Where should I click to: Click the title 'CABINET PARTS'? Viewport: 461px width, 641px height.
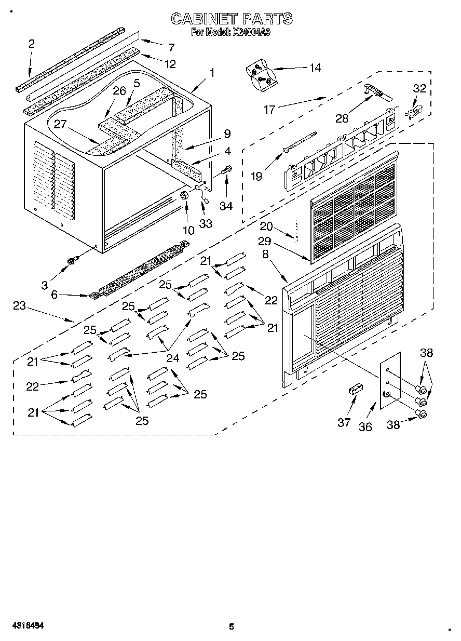click(232, 19)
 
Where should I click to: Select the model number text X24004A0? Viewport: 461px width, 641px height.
click(252, 32)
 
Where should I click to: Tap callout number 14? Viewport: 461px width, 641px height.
click(315, 68)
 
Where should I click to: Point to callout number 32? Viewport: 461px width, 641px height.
click(419, 89)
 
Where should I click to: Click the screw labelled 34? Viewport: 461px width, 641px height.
click(227, 170)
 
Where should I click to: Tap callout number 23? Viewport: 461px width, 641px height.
click(19, 306)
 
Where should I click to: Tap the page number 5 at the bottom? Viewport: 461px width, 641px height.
click(232, 626)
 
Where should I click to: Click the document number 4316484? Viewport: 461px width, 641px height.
click(25, 626)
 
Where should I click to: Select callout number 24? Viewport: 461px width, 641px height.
click(172, 357)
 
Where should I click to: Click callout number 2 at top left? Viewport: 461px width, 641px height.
click(32, 44)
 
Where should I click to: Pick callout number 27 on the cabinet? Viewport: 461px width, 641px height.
click(61, 124)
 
